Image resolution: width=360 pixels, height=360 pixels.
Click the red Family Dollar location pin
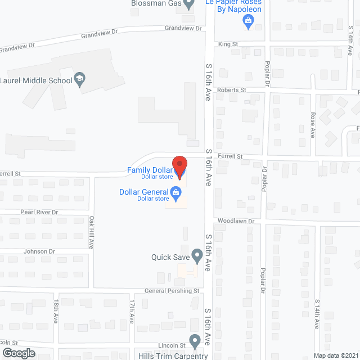[x=179, y=166]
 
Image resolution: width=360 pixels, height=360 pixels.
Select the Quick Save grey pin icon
[x=197, y=256]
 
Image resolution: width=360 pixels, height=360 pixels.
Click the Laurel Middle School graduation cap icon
[x=80, y=80]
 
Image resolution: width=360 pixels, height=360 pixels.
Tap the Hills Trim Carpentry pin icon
[x=195, y=340]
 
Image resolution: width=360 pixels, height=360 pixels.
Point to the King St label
[x=228, y=43]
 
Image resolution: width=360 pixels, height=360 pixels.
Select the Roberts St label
[x=232, y=89]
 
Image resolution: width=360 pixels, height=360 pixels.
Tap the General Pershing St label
[x=172, y=291]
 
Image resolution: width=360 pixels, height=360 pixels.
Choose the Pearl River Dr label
[x=39, y=213]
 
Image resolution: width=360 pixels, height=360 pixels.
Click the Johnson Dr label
[x=39, y=251]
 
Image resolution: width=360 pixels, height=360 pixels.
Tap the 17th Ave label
[x=132, y=310]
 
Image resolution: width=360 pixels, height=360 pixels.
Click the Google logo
[x=18, y=353]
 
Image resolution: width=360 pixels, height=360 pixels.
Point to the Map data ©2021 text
[x=335, y=355]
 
